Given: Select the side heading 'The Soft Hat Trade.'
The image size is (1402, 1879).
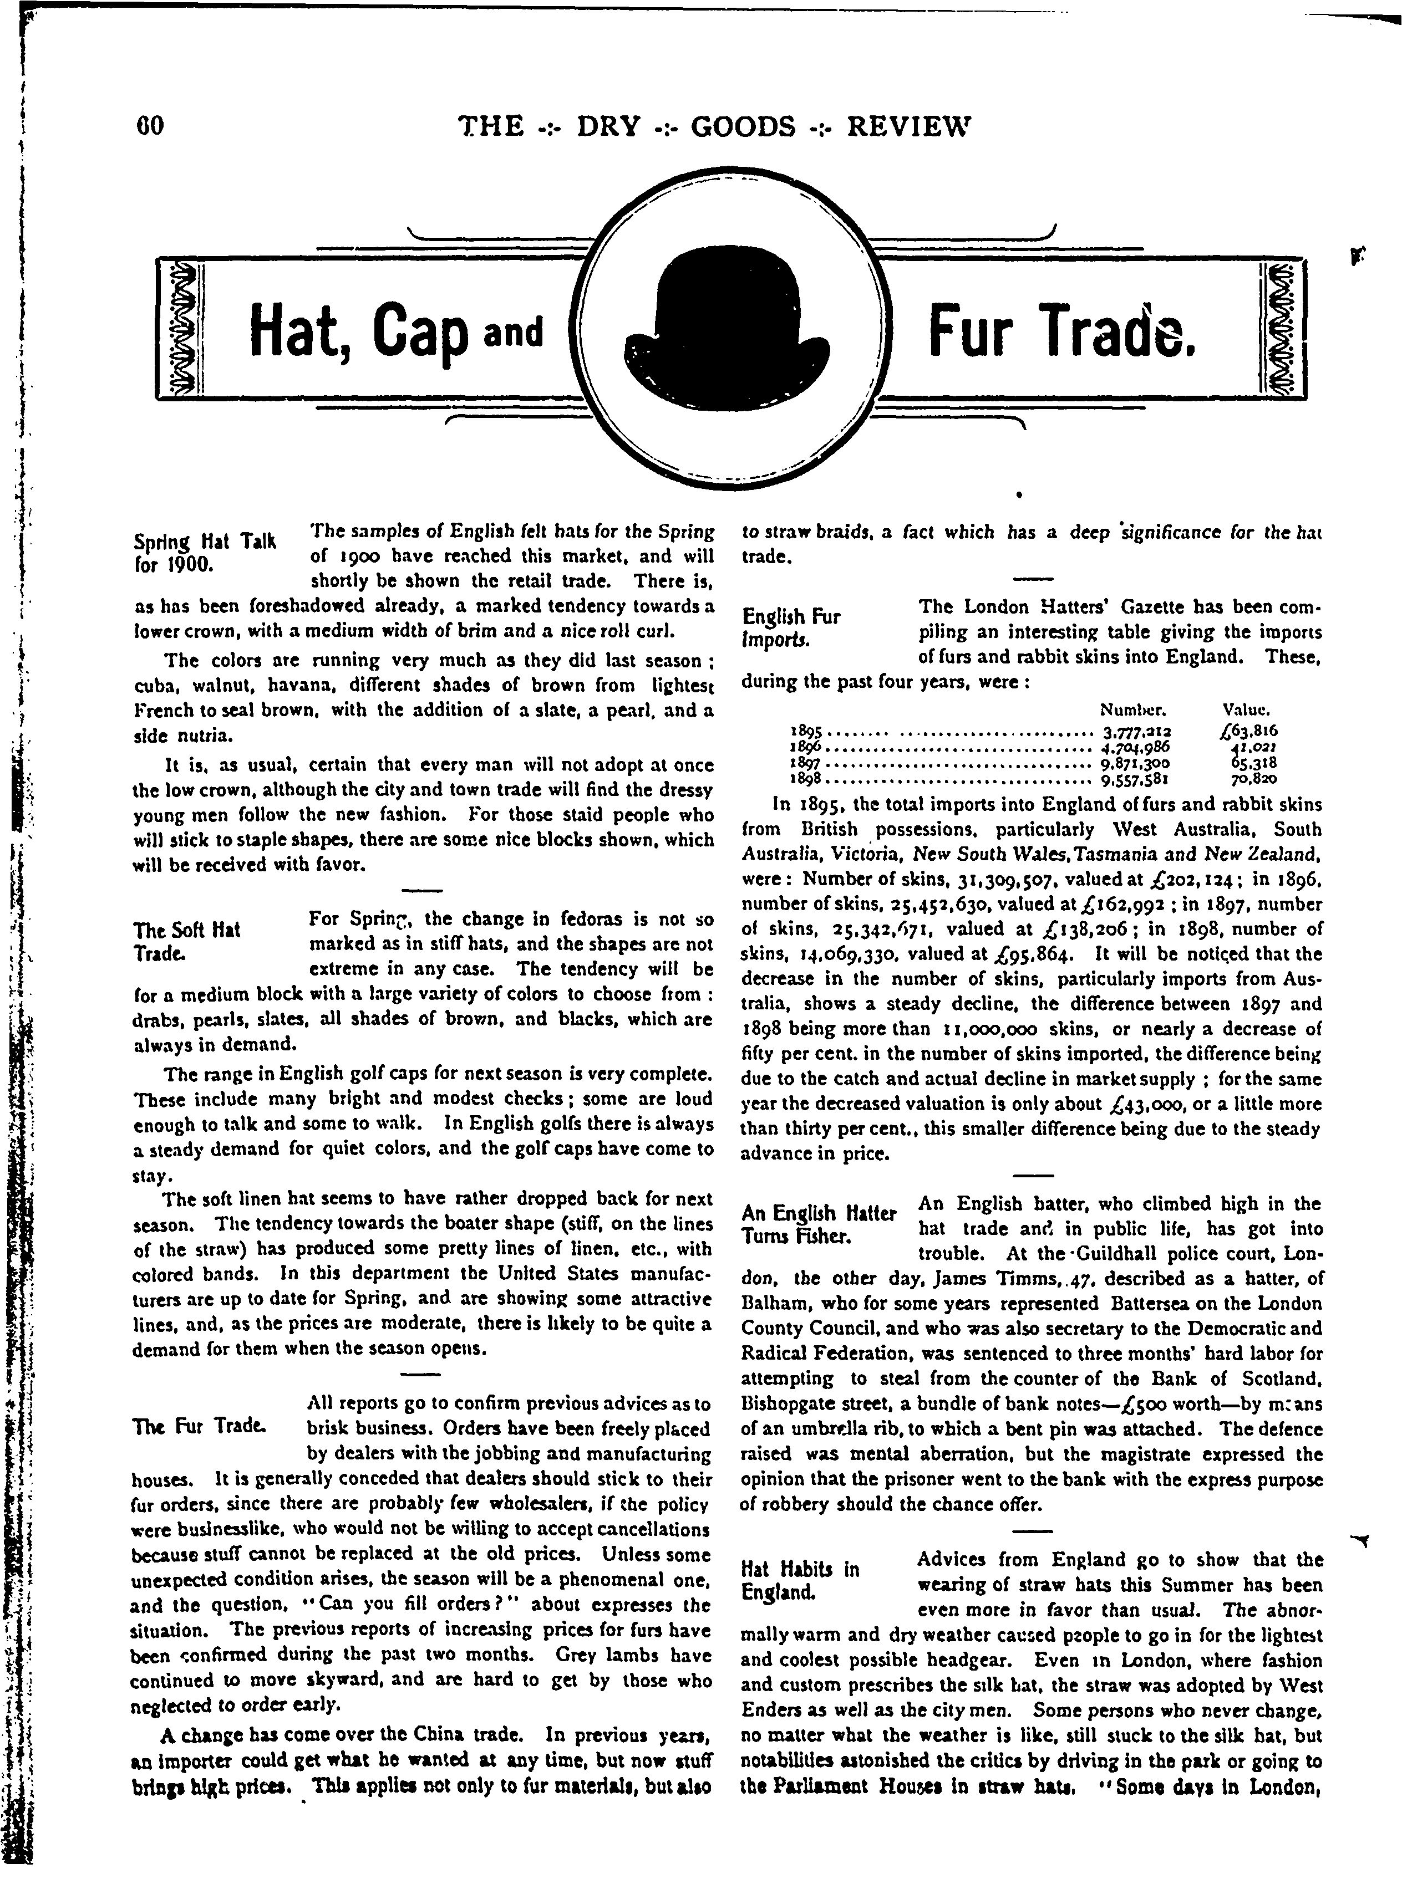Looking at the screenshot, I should point(187,941).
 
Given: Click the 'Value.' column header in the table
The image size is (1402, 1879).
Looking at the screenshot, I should point(1245,708).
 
